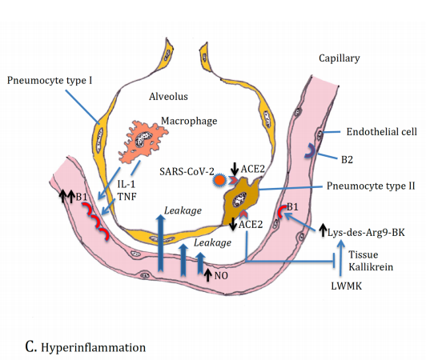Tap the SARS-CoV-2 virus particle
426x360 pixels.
tap(217, 182)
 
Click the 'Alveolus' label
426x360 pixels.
tap(168, 95)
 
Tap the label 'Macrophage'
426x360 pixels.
tap(188, 121)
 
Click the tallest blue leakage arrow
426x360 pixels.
tap(162, 240)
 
